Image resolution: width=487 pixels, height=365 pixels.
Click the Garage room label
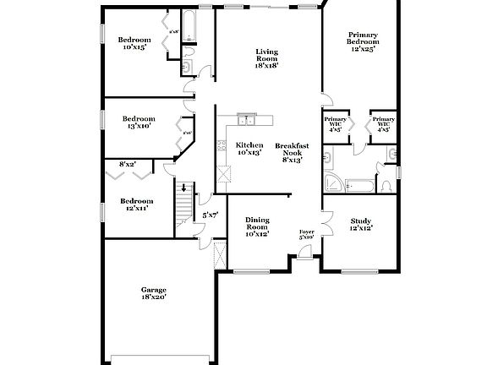click(x=153, y=293)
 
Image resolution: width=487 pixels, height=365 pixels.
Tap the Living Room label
click(x=267, y=57)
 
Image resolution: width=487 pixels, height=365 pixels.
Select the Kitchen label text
click(x=249, y=149)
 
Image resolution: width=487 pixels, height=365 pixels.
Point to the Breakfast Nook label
click(x=292, y=152)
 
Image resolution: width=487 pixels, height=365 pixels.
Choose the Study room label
click(x=361, y=224)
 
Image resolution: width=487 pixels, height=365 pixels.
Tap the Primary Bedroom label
click(x=361, y=42)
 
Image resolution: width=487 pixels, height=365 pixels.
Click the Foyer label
click(x=306, y=233)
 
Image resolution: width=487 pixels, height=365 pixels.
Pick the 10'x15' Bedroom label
click(x=134, y=43)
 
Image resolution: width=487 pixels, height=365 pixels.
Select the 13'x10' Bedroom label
click(x=138, y=122)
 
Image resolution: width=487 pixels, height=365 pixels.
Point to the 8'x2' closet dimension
click(x=128, y=164)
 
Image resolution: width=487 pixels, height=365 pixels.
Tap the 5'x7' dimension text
click(x=210, y=215)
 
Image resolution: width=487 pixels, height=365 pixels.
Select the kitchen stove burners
click(x=223, y=175)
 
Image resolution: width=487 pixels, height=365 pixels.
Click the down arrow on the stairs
click(x=184, y=188)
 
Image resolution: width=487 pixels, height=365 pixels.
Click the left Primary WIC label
click(x=334, y=124)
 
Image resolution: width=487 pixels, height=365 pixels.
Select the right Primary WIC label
click(x=383, y=124)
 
